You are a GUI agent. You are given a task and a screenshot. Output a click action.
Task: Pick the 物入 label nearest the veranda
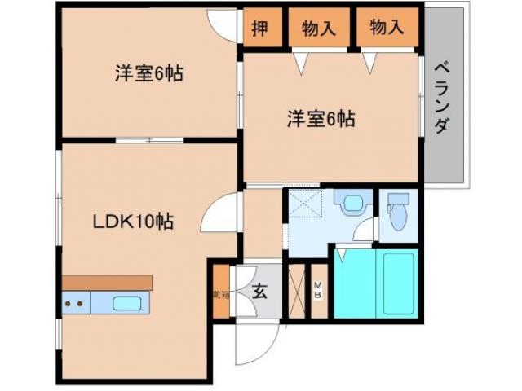(387, 29)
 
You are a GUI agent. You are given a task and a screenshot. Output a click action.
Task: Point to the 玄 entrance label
(259, 290)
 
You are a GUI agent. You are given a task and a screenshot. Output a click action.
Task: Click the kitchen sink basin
(127, 305)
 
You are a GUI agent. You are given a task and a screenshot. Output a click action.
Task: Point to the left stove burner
(69, 305)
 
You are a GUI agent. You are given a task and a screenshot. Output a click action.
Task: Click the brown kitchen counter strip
(107, 282)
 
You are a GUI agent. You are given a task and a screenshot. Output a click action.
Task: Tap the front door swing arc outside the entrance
(249, 346)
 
